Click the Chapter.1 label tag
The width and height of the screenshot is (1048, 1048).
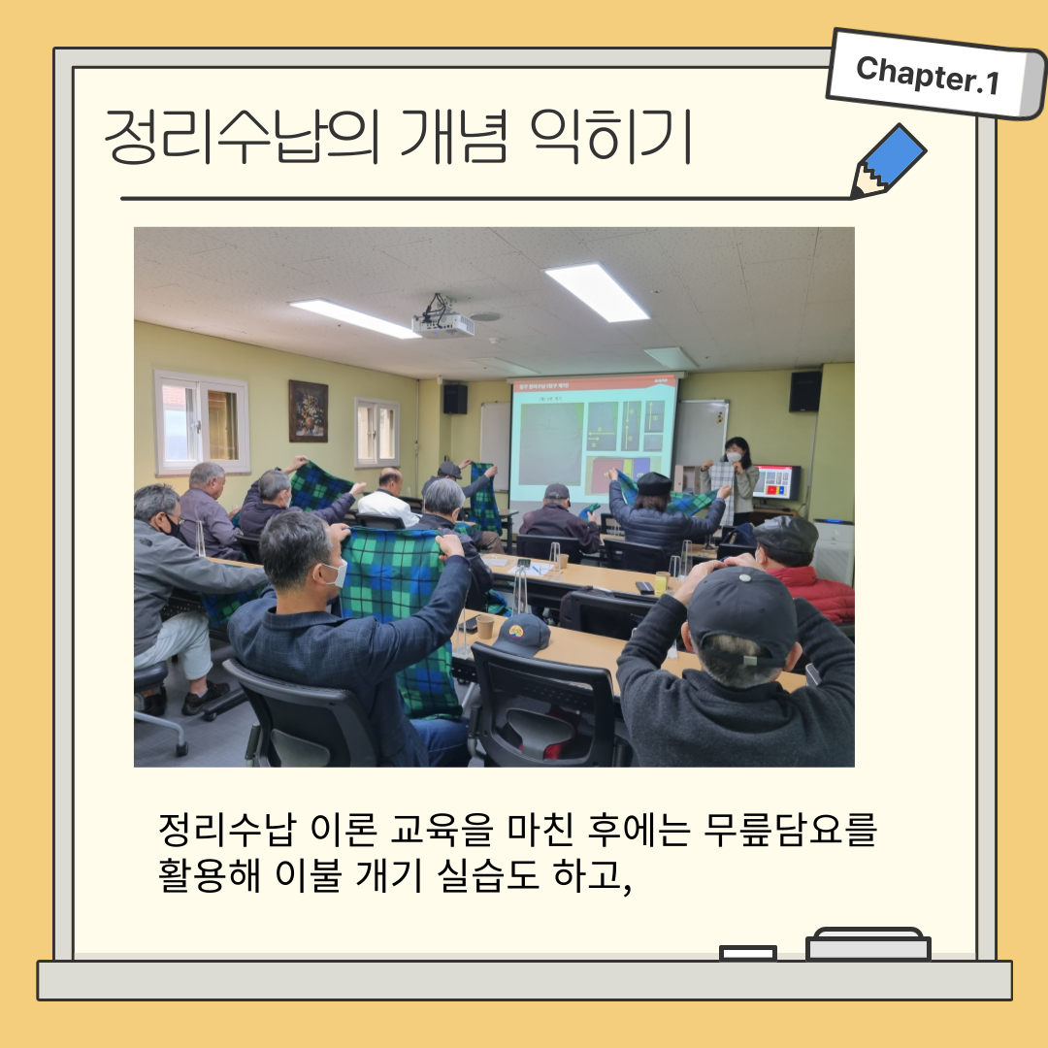click(934, 74)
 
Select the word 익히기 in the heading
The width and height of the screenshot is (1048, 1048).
click(610, 136)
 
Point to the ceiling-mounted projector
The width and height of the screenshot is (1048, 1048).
click(442, 319)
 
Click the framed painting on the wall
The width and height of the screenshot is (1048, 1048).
click(309, 411)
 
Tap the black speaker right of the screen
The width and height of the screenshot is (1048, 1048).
click(804, 391)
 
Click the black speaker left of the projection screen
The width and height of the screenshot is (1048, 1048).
click(455, 399)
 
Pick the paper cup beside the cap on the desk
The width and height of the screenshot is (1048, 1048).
click(484, 627)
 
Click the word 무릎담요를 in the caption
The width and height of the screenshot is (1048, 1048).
click(789, 830)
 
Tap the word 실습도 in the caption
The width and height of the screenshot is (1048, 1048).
click(487, 875)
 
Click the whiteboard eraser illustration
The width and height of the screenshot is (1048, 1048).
click(868, 944)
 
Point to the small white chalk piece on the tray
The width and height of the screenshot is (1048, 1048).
click(748, 953)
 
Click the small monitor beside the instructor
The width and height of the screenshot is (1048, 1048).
click(776, 482)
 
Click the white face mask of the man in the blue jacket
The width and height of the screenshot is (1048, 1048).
click(337, 573)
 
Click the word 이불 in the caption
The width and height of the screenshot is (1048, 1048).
click(309, 875)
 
